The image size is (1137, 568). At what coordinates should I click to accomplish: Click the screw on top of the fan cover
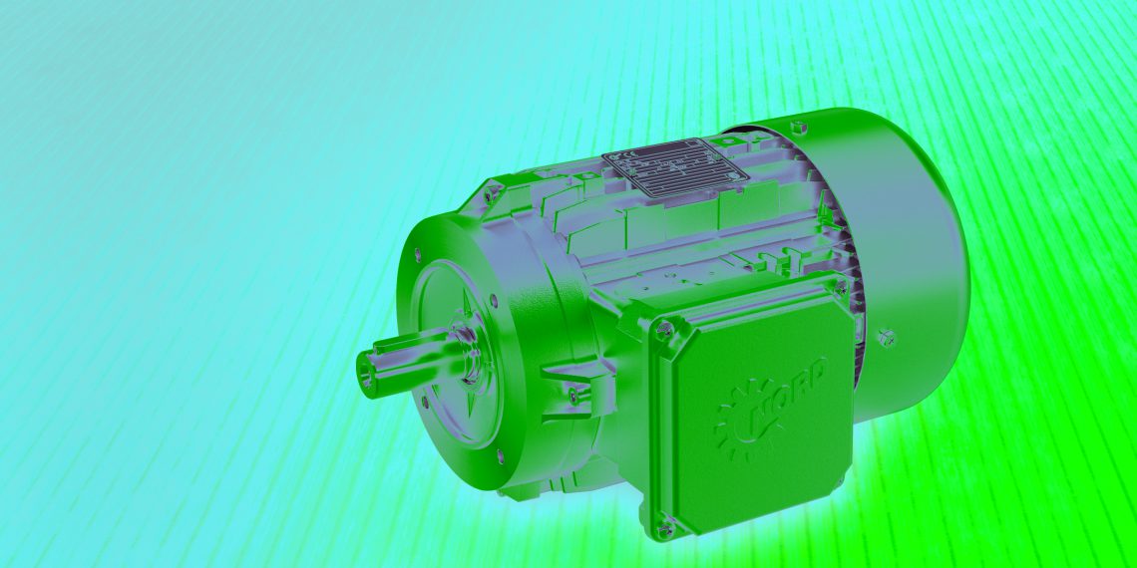click(797, 127)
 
